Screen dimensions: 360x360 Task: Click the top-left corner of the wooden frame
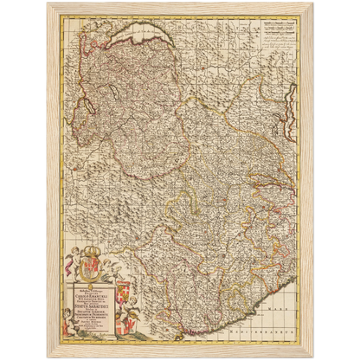(x=48, y=3)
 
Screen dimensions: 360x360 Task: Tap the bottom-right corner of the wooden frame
(x=312, y=357)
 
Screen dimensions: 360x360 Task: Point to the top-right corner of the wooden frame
(x=312, y=3)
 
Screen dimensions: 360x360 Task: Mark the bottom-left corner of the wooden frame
(x=48, y=357)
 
